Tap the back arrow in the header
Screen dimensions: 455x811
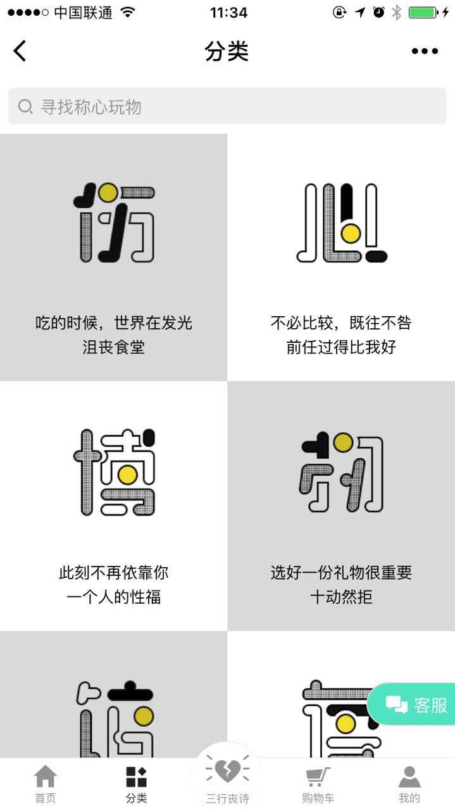tap(20, 51)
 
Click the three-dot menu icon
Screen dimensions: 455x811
tap(425, 51)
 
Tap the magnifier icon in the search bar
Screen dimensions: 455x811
tap(25, 107)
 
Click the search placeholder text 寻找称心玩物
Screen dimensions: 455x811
tap(90, 107)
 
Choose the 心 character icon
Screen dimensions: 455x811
tap(342, 222)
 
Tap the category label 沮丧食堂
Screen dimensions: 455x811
tap(113, 347)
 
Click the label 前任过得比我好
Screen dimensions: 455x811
tap(341, 347)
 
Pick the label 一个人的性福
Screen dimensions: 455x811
tap(113, 597)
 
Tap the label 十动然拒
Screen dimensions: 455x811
tap(341, 597)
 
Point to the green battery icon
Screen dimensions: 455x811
tap(423, 13)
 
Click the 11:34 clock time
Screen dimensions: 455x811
tap(228, 13)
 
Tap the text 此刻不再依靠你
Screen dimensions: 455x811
tap(113, 572)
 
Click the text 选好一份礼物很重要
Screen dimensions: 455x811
tap(341, 572)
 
